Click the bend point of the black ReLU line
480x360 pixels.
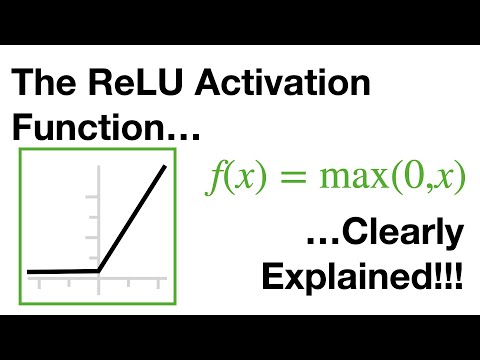98,270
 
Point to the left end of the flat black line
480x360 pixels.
29,271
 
